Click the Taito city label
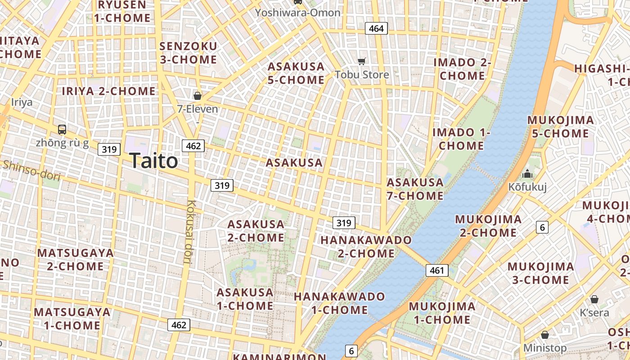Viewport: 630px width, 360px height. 153,161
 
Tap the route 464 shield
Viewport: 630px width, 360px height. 376,29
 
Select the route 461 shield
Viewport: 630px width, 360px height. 436,270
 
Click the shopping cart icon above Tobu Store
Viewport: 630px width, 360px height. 362,61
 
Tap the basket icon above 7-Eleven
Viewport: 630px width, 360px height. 197,95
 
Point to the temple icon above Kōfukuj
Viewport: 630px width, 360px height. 527,174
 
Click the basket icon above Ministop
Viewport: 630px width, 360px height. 545,335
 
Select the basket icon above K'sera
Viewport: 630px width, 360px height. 594,299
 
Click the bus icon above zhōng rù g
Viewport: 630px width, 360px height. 62,130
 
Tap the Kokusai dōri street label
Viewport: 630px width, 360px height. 189,231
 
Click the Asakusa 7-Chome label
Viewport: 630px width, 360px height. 415,189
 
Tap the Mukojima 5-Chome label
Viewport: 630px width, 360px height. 560,127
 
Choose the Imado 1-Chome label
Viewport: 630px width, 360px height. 461,139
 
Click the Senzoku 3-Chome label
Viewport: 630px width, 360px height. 188,53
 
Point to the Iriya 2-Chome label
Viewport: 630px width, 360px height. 108,91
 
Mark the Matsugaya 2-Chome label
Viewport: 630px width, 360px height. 75,259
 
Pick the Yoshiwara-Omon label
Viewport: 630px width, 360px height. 297,13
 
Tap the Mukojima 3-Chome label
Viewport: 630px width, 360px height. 540,273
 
